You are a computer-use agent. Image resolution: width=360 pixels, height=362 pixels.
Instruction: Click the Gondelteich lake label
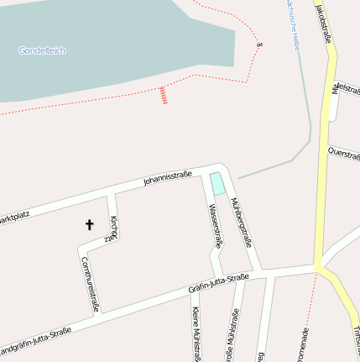point(42,50)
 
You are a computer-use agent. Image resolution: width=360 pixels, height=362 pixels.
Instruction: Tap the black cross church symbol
point(90,224)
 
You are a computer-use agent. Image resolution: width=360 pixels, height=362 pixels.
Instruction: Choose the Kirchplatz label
point(112,228)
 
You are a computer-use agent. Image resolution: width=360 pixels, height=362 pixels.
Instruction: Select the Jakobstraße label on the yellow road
point(323,22)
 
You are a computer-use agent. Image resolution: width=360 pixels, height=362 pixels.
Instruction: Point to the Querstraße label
point(344,153)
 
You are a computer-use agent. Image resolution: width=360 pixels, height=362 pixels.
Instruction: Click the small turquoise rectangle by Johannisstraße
point(217,183)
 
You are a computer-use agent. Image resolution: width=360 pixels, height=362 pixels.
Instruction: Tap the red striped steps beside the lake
point(164,95)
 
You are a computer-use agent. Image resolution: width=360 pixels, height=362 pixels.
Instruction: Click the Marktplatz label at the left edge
point(14,217)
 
